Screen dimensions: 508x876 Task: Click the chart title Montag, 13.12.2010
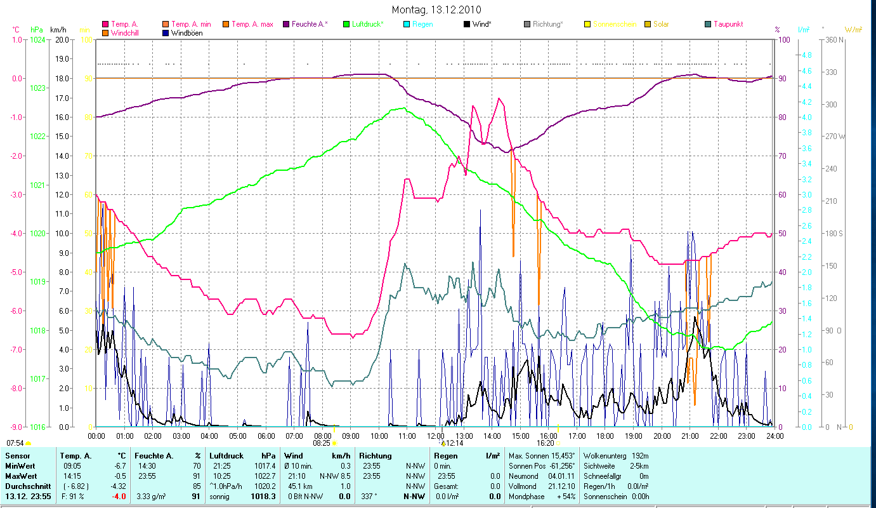tap(436, 10)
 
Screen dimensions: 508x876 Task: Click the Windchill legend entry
tap(124, 32)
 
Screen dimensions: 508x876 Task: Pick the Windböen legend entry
tap(186, 32)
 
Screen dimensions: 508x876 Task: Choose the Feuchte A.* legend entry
tap(310, 24)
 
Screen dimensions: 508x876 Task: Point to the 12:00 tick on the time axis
tap(435, 436)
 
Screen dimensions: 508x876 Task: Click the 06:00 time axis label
tap(266, 436)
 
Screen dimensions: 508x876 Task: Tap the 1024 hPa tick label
tap(38, 40)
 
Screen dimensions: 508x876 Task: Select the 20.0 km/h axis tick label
tap(62, 40)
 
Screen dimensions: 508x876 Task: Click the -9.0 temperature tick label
tap(15, 427)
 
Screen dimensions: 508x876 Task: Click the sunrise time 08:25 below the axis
tap(323, 443)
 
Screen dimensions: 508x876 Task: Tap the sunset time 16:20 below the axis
tap(546, 443)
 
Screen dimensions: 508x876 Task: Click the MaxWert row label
tap(20, 476)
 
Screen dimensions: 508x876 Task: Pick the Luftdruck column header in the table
tap(226, 456)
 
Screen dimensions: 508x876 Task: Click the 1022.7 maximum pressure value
tap(265, 476)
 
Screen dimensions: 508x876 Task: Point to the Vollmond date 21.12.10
tap(561, 486)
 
